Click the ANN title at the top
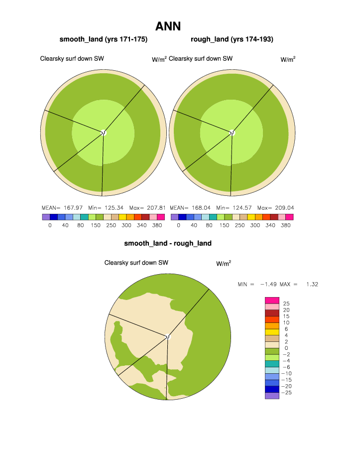pos(168,26)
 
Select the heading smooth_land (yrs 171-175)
pos(104,39)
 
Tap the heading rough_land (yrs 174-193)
pos(232,39)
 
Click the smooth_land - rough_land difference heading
pos(168,243)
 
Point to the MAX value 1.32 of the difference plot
pos(312,284)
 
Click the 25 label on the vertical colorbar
pos(286,303)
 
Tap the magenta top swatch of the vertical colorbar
pos(272,300)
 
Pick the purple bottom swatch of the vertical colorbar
pos(272,396)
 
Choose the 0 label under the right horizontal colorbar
pos(178,225)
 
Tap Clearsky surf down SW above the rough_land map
pos(201,59)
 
